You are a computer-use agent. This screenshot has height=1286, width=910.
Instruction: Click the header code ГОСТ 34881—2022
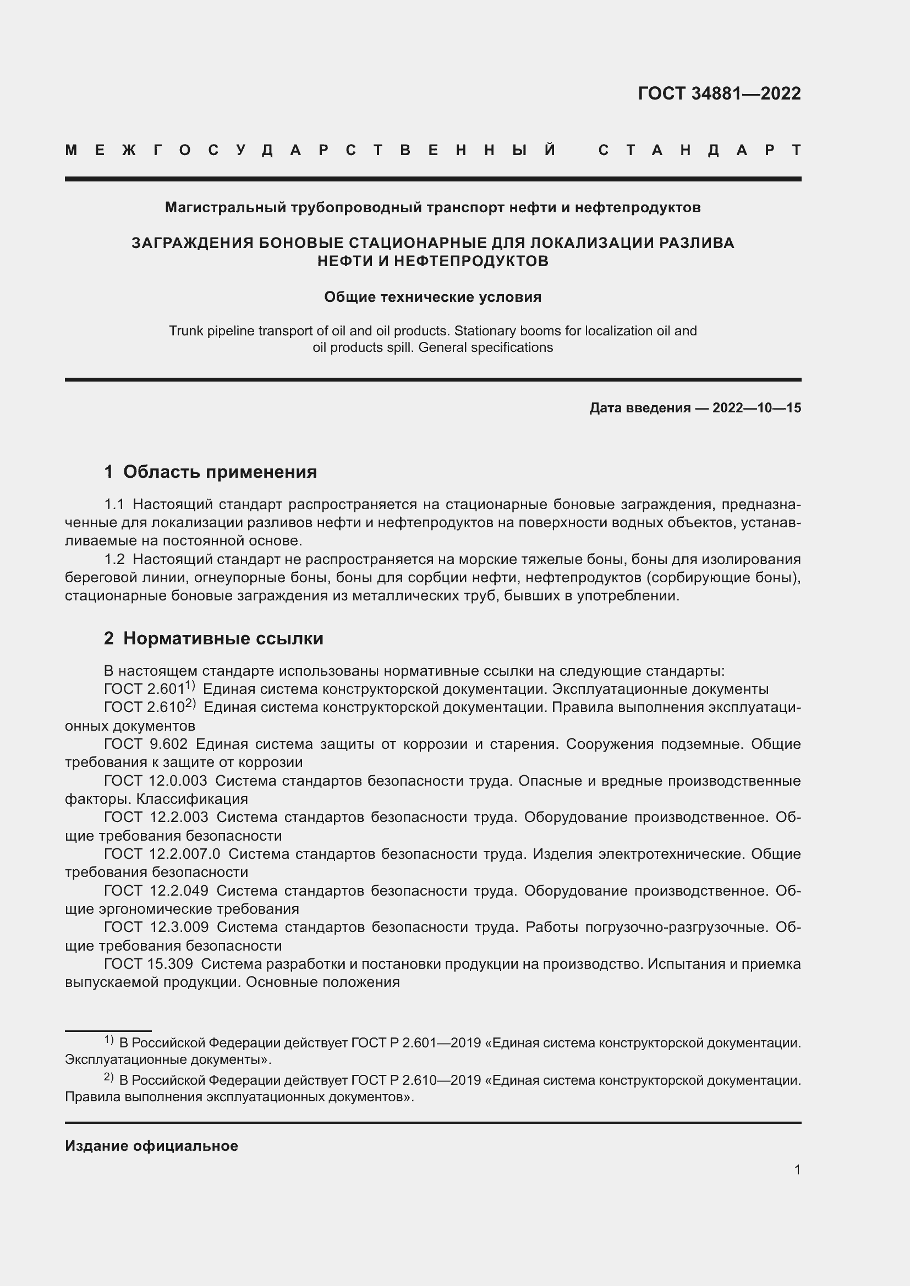(719, 93)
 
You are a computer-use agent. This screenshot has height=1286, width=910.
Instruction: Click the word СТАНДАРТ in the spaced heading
(699, 150)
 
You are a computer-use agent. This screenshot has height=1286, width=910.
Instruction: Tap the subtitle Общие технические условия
(432, 297)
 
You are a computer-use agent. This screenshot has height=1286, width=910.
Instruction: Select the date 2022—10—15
(756, 408)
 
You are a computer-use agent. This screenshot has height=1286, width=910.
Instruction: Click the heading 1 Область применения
(210, 472)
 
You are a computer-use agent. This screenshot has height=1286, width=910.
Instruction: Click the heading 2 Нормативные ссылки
(213, 638)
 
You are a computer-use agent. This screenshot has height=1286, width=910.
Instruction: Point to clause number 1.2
(114, 559)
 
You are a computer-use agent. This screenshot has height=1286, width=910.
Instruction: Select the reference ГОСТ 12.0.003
(155, 781)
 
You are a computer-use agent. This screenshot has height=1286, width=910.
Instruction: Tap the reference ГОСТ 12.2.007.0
(162, 854)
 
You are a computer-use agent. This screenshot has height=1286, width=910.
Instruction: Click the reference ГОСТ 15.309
(149, 964)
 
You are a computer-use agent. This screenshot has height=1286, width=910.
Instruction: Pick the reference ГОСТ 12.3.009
(156, 928)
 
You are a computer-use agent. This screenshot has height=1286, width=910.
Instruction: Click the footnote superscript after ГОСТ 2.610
(190, 704)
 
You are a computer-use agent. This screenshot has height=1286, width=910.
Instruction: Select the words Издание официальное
(151, 1146)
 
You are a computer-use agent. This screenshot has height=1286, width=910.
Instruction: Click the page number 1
(797, 1169)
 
